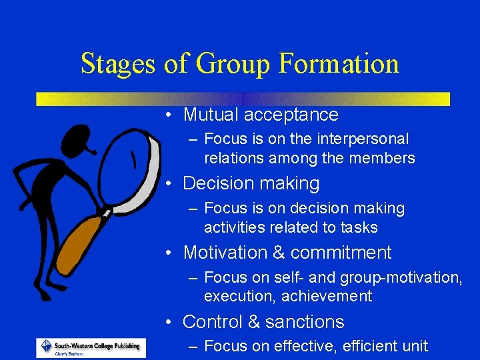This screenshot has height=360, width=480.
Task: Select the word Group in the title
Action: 231,64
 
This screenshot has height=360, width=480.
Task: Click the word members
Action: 387,159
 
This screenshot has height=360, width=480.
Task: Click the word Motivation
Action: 224,253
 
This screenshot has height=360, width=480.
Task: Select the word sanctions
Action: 305,322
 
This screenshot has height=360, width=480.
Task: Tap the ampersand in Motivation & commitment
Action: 278,253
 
